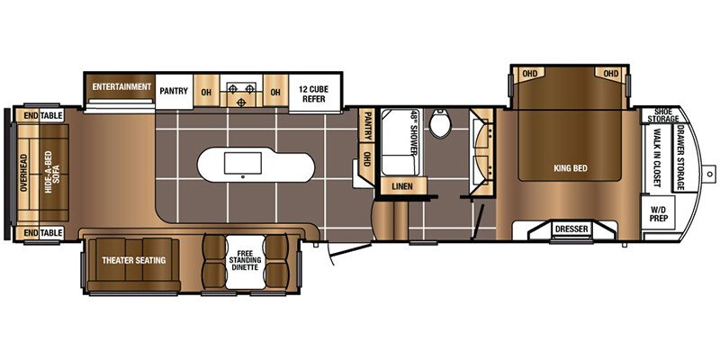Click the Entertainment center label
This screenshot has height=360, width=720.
(121, 86)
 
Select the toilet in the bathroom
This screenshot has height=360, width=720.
(439, 124)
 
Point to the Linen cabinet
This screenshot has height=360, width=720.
(401, 186)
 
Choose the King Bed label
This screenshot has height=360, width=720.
(571, 168)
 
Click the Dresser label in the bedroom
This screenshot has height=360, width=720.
(571, 229)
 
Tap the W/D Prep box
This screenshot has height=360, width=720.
(659, 212)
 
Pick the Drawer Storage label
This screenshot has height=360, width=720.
(680, 157)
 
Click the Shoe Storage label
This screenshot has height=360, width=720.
(663, 116)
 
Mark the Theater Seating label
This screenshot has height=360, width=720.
(133, 260)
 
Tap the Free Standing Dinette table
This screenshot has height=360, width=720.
(246, 262)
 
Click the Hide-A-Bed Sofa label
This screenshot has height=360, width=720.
(53, 172)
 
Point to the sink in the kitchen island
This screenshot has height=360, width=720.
(243, 163)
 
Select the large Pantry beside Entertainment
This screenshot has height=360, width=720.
(174, 91)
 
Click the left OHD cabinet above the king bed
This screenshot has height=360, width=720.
(530, 74)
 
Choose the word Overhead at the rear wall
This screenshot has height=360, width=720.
(24, 172)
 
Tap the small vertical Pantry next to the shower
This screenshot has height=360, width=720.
(367, 126)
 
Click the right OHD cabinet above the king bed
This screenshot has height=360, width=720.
(611, 74)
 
